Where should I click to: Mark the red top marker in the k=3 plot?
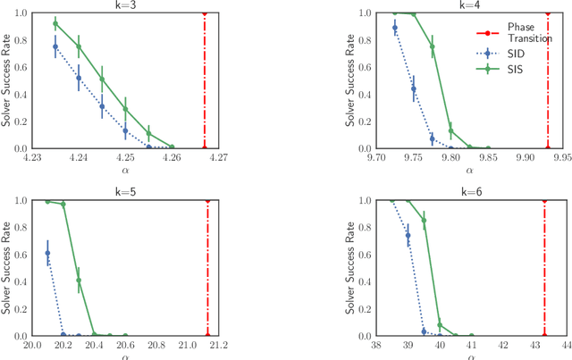click(x=205, y=13)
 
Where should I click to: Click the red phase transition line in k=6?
click(x=544, y=268)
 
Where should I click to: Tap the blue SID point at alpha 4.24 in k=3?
click(x=79, y=78)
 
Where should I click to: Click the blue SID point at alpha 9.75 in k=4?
click(x=414, y=88)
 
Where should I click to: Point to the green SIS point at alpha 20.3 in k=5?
click(x=79, y=280)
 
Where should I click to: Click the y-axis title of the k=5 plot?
click(x=6, y=268)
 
